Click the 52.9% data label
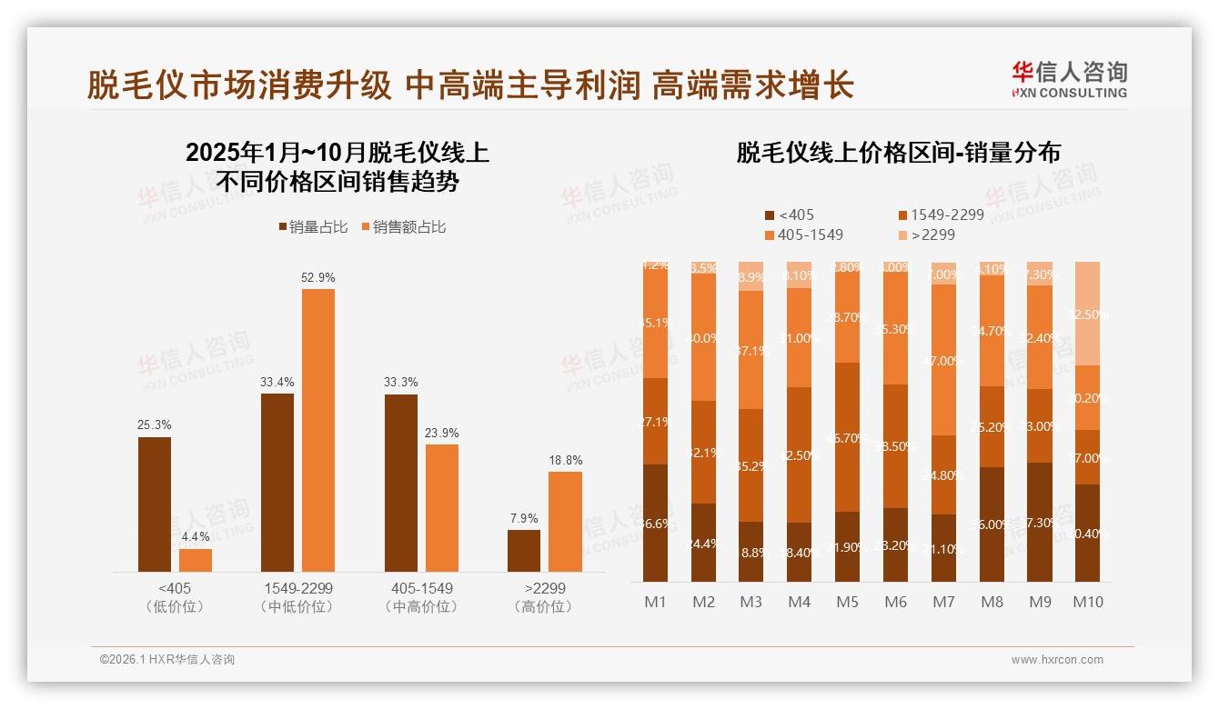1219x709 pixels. (317, 277)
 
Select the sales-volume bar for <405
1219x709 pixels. (155, 504)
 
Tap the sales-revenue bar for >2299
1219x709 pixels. (565, 521)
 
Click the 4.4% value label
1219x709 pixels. (196, 537)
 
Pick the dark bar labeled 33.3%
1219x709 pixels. (401, 483)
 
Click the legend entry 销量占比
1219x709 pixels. (312, 227)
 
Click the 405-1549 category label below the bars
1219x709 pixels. (418, 588)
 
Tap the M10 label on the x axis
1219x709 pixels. (1087, 602)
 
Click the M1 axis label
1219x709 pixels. (655, 602)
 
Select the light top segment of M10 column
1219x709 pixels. (1087, 314)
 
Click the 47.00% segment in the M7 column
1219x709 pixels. (944, 360)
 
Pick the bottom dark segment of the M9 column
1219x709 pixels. (1040, 522)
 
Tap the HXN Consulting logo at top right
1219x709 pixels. (1069, 79)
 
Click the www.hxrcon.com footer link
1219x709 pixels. (1056, 660)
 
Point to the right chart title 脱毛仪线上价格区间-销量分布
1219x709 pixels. (898, 153)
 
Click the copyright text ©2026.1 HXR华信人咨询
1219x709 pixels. (167, 660)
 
